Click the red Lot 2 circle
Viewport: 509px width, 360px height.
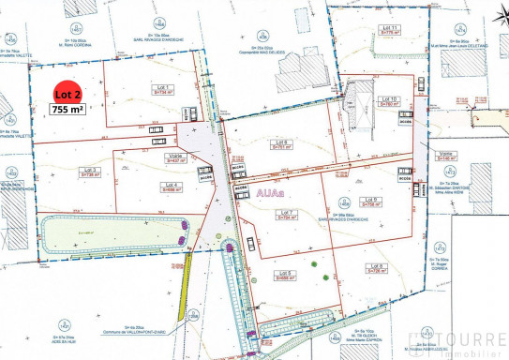point(66,95)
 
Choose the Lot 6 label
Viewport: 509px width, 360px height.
point(279,142)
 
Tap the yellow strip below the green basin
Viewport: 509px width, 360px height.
point(187,273)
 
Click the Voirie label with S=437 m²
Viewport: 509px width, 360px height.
point(175,157)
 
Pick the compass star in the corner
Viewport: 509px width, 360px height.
point(12,39)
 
